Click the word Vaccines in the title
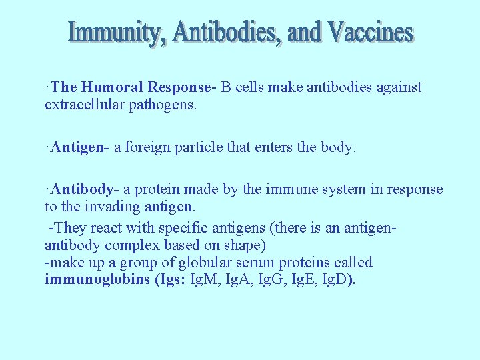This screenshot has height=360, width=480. point(369,32)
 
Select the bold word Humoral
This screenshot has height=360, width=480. point(113,87)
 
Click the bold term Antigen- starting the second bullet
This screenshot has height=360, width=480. point(80,147)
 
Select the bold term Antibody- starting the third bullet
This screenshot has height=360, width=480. point(83,189)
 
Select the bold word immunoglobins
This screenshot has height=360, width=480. point(97,279)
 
